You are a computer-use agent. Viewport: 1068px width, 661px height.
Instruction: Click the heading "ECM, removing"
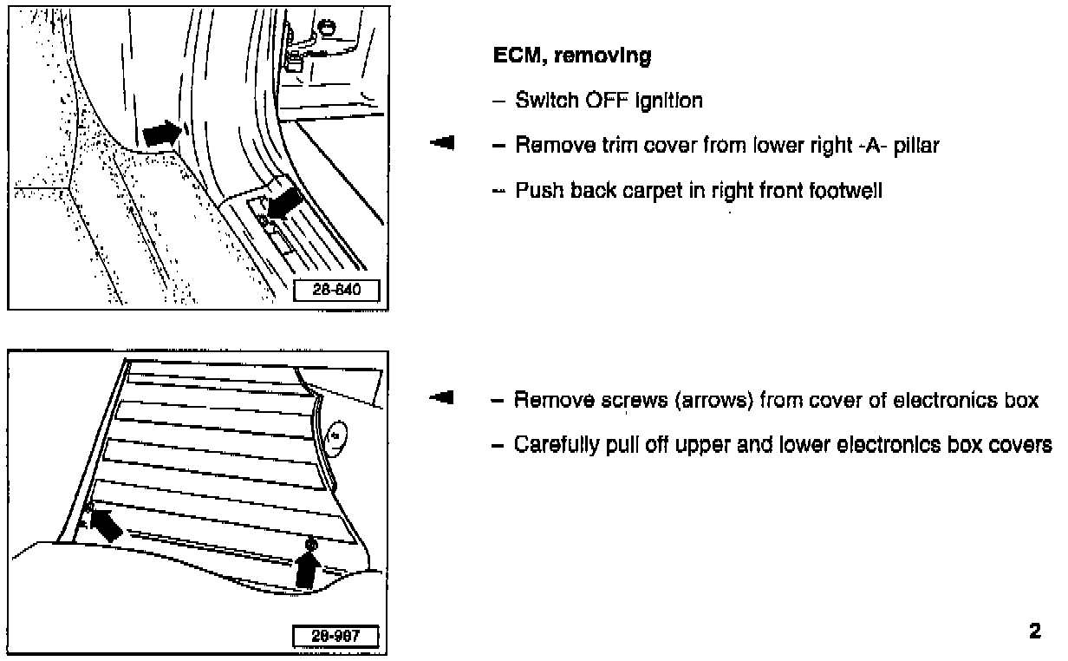pos(571,57)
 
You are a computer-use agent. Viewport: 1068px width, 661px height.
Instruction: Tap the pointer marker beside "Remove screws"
pos(443,398)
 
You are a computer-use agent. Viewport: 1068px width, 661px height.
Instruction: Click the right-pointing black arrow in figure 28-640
pos(162,133)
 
